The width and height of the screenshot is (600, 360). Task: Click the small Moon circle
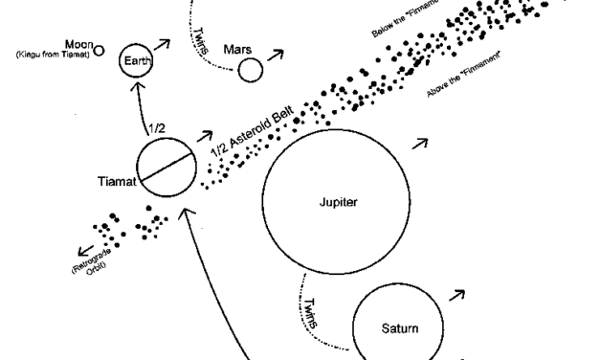[x=99, y=51]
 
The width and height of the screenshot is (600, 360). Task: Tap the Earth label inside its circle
[x=138, y=60]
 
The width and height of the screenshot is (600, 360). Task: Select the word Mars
[x=237, y=50]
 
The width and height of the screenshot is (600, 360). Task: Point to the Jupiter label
[x=338, y=202]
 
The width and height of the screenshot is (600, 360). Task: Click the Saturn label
[x=400, y=328]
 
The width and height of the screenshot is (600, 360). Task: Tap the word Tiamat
[x=117, y=181]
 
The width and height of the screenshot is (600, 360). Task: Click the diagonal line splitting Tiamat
[x=166, y=167]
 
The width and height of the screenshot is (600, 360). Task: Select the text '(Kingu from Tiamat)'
[x=53, y=55]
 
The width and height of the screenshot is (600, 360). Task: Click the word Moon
[x=78, y=44]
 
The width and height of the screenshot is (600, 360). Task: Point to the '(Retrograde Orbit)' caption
[x=92, y=262]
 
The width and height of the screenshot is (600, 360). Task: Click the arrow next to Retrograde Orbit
[x=86, y=251]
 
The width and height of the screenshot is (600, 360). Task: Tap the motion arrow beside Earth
[x=162, y=44]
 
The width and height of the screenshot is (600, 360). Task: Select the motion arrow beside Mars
[x=276, y=55]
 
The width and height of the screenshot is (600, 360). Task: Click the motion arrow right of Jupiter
[x=420, y=144]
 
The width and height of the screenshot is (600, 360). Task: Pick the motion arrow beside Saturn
[x=456, y=295]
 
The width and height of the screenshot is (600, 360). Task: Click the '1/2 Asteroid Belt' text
[x=253, y=131]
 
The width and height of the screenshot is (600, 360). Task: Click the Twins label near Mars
[x=201, y=40]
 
